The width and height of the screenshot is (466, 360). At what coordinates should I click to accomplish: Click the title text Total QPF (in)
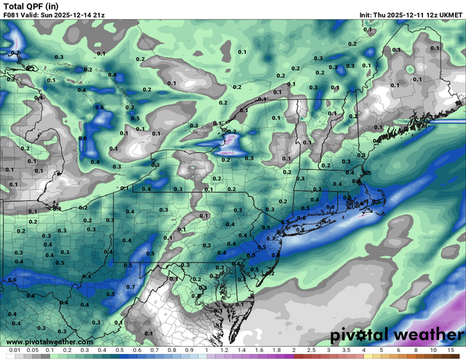[x=31, y=6]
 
